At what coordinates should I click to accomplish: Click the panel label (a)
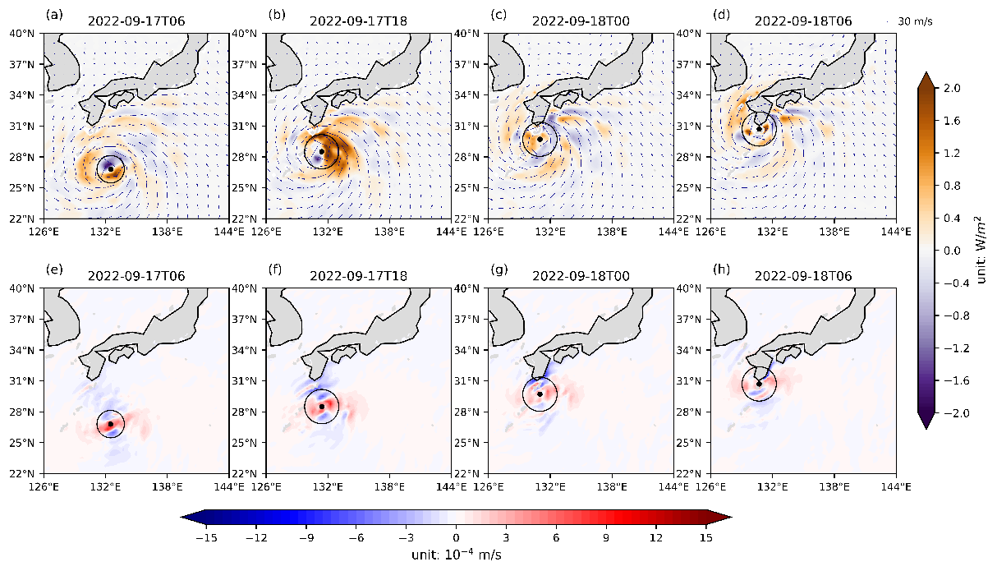(x=54, y=14)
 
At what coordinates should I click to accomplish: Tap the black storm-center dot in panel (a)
(x=110, y=168)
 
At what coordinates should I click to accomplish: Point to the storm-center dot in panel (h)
(x=760, y=384)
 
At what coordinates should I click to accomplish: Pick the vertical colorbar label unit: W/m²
(x=981, y=250)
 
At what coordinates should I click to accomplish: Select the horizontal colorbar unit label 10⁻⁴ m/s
(x=456, y=555)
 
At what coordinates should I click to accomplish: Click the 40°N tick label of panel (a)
(x=24, y=34)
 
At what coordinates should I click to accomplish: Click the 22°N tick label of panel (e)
(x=24, y=474)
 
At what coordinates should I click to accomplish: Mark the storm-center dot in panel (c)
(x=540, y=139)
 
